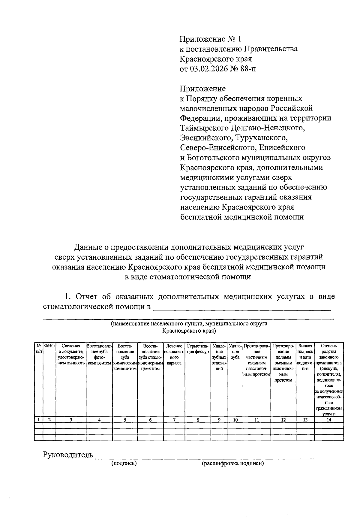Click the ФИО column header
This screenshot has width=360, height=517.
point(49,346)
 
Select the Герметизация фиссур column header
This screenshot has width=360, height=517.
point(198,349)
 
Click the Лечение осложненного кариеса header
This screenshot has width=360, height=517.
point(174,355)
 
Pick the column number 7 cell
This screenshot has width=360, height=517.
point(174,420)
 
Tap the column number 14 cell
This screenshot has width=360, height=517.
point(329,420)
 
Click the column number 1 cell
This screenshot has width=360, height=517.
point(38,420)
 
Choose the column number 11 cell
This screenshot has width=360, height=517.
point(256,420)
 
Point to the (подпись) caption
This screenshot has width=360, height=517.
point(124,464)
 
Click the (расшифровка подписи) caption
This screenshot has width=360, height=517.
point(233,464)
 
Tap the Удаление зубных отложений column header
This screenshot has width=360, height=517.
point(219,357)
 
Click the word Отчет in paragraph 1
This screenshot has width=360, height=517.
point(87,297)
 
